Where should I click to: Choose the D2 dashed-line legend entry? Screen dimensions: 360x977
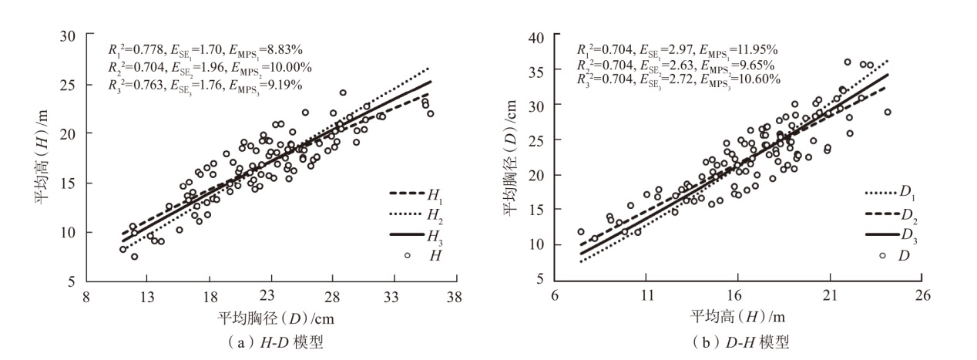pyautogui.click(x=881, y=213)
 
